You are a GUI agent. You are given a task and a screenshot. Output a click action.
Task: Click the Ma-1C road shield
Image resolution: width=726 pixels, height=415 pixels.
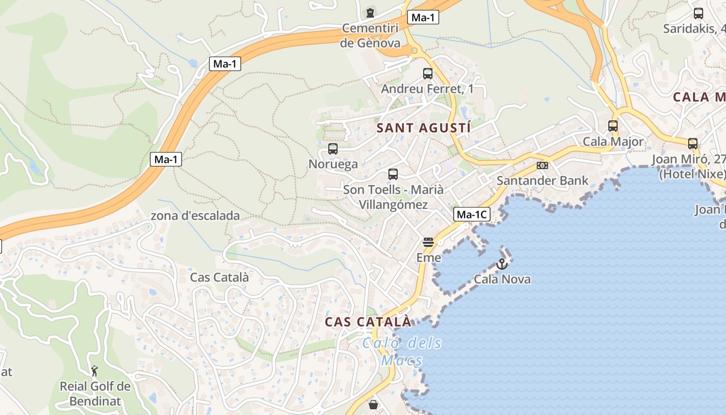472,214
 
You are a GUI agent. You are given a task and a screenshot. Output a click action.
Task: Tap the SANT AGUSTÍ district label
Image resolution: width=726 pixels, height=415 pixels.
424,128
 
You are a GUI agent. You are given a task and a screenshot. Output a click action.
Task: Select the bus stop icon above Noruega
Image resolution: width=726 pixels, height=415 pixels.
333,149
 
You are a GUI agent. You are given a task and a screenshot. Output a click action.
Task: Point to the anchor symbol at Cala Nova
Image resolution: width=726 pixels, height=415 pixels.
501,264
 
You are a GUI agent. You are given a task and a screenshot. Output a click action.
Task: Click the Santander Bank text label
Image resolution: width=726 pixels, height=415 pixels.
542,181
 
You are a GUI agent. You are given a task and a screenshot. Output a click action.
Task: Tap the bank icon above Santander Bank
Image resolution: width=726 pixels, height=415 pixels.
542,165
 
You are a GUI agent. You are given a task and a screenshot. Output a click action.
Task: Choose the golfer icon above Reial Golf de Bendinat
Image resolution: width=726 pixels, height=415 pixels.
94,371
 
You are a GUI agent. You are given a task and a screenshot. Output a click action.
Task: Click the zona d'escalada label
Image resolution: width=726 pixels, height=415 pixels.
195,216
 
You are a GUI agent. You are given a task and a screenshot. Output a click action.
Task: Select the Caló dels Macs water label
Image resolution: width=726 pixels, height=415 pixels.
402,351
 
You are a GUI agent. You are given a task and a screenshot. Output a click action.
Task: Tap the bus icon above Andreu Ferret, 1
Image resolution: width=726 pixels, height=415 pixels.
428,74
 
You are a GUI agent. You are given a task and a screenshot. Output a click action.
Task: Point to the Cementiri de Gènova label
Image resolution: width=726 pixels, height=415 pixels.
370,35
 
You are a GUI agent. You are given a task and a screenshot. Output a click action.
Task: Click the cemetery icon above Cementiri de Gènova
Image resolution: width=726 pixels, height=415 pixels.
370,12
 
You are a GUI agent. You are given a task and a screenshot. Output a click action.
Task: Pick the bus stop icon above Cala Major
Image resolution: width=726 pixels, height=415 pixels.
613,126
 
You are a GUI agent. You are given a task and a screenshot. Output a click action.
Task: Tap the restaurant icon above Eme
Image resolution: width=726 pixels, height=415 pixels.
428,242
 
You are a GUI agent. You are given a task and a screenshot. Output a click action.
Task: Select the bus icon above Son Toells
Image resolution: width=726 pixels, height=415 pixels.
393,174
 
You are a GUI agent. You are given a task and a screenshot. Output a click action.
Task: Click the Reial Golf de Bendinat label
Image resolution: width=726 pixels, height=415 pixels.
95,393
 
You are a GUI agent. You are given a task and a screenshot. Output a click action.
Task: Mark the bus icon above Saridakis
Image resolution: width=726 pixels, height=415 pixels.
699,13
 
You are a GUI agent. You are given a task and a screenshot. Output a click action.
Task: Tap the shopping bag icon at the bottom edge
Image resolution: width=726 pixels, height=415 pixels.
373,405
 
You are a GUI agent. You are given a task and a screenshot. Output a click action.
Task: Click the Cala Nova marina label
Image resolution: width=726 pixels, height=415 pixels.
502,279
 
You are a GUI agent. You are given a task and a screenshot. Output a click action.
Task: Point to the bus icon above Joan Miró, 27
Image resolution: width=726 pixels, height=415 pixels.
693,143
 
